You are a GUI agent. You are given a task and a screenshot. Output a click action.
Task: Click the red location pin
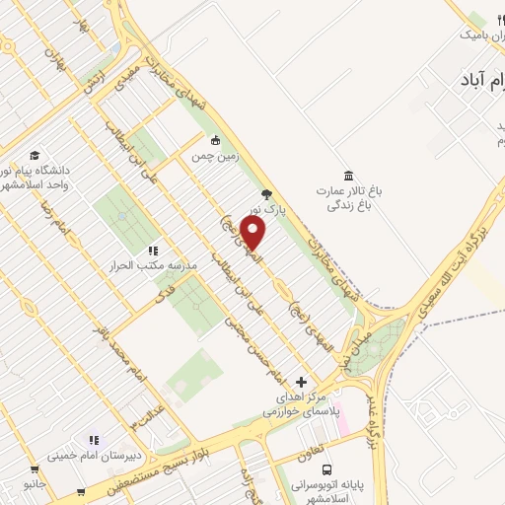pyautogui.click(x=253, y=233)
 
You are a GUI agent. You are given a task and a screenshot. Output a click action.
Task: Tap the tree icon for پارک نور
pyautogui.click(x=265, y=194)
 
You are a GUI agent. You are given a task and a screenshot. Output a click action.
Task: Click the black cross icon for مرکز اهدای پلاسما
pyautogui.click(x=302, y=382)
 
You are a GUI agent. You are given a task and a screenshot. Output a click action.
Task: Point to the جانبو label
pyautogui.click(x=36, y=484)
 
